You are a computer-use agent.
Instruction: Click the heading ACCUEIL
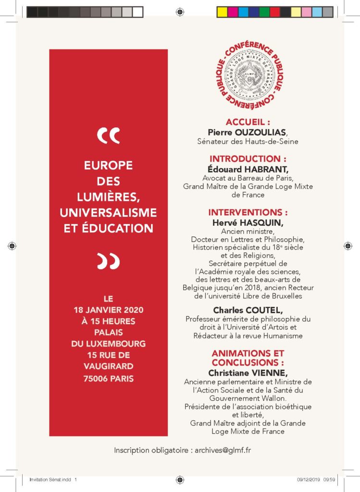(248, 122)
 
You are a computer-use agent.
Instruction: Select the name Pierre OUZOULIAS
(248, 132)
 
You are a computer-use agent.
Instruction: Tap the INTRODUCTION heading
(248, 159)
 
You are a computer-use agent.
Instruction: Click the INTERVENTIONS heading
(248, 212)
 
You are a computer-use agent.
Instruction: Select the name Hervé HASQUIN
(248, 222)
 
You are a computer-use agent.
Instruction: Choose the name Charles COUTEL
(248, 310)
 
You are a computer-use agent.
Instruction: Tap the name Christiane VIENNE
(248, 372)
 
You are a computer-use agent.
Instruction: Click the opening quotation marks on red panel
(108, 136)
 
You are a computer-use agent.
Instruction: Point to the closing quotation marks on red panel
(108, 260)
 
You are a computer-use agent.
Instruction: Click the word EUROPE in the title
(108, 165)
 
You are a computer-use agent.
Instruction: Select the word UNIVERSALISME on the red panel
(108, 212)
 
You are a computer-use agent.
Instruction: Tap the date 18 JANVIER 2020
(108, 310)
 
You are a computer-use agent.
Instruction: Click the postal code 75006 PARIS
(108, 379)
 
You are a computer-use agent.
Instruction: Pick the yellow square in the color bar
(222, 12)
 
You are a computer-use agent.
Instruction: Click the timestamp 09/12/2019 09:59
(313, 479)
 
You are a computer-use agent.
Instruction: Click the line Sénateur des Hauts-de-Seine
(248, 141)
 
